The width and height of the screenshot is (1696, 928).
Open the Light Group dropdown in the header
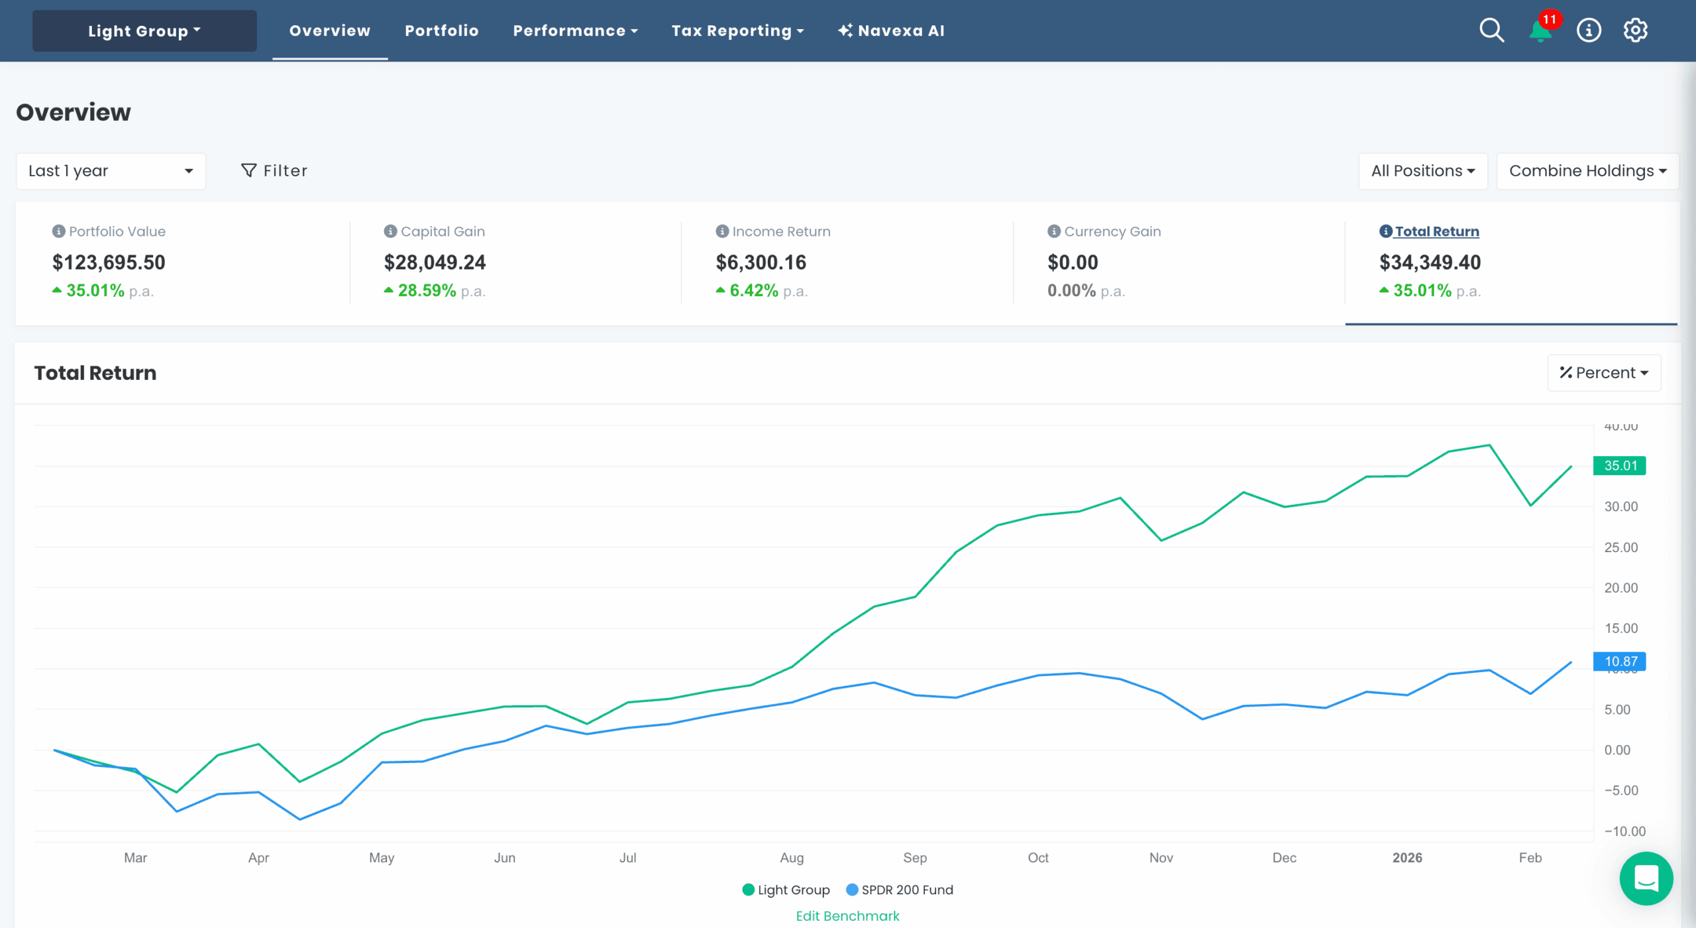(144, 31)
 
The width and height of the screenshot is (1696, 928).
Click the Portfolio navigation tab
(441, 31)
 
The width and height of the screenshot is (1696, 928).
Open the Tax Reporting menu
(737, 31)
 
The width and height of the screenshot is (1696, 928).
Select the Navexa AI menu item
(891, 31)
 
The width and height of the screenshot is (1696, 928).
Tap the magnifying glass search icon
(1491, 30)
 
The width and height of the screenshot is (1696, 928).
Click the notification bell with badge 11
(1540, 30)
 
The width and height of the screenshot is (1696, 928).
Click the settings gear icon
(1635, 30)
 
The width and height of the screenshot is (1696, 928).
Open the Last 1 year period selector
(111, 171)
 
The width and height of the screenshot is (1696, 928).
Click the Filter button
(274, 171)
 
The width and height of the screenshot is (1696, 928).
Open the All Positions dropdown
(1422, 171)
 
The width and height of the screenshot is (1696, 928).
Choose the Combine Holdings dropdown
(1587, 171)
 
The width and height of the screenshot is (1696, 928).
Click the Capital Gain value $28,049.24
(435, 262)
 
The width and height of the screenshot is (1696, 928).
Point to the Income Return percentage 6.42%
(753, 291)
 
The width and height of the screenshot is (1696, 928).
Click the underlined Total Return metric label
(1436, 231)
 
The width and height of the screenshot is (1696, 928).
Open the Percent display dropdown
(1603, 373)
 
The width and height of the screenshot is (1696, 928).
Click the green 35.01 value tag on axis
(1619, 466)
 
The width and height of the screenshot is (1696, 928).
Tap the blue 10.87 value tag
(1619, 662)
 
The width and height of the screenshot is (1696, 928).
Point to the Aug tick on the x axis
(792, 858)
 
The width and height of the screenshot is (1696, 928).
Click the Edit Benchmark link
(847, 916)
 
